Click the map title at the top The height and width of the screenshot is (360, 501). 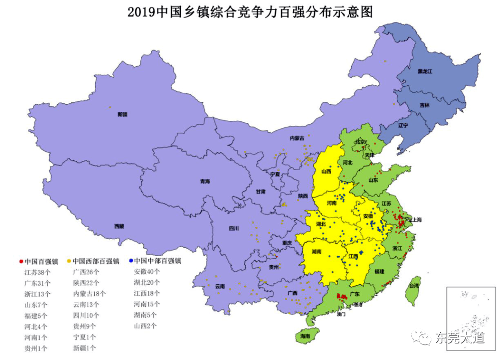tap(250, 12)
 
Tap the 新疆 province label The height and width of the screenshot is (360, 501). tap(122, 114)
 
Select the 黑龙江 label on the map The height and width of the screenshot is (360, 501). tap(425, 72)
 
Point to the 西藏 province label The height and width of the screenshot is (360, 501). tap(119, 226)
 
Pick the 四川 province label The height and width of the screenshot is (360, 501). tap(234, 228)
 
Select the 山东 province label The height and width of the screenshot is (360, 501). tap(373, 179)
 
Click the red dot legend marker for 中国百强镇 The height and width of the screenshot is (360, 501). tap(20, 261)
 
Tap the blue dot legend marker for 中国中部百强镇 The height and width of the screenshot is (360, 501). tap(131, 261)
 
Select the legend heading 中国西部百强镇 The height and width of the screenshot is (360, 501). tap(96, 261)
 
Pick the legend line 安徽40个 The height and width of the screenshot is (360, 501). tap(147, 272)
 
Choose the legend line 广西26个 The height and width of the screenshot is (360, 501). tap(86, 272)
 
